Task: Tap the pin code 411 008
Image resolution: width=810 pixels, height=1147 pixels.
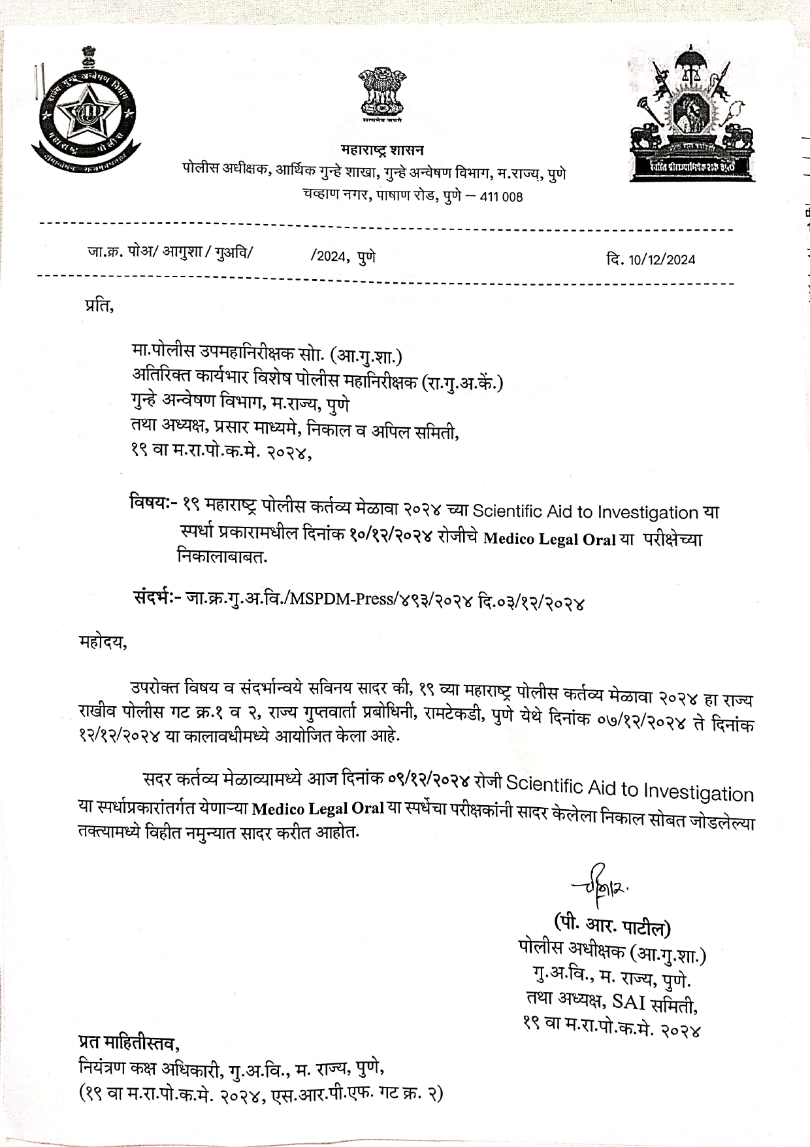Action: [x=501, y=197]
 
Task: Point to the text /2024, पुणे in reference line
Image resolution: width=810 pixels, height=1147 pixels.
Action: [x=343, y=256]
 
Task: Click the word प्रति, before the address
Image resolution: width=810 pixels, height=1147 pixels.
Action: [x=99, y=305]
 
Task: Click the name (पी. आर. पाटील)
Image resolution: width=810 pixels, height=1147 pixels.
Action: [x=612, y=926]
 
